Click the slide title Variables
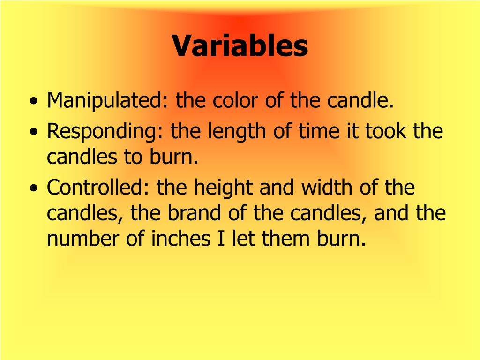point(240,46)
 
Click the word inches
point(180,239)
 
